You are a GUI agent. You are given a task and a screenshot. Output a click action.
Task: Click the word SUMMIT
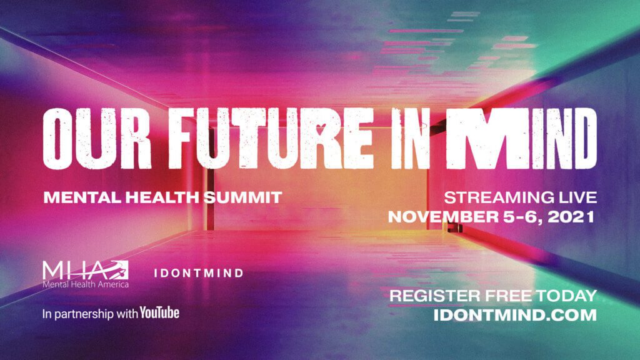click(243, 197)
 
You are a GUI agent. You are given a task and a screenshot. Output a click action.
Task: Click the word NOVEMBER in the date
click(443, 216)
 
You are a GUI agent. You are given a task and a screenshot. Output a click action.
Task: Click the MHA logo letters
click(85, 270)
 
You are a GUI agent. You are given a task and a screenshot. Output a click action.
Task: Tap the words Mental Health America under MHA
click(85, 284)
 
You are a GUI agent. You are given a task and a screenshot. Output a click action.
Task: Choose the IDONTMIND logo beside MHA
click(199, 273)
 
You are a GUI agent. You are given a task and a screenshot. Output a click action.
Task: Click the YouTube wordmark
click(159, 313)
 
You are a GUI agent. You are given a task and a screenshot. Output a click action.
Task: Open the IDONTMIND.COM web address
click(515, 315)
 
